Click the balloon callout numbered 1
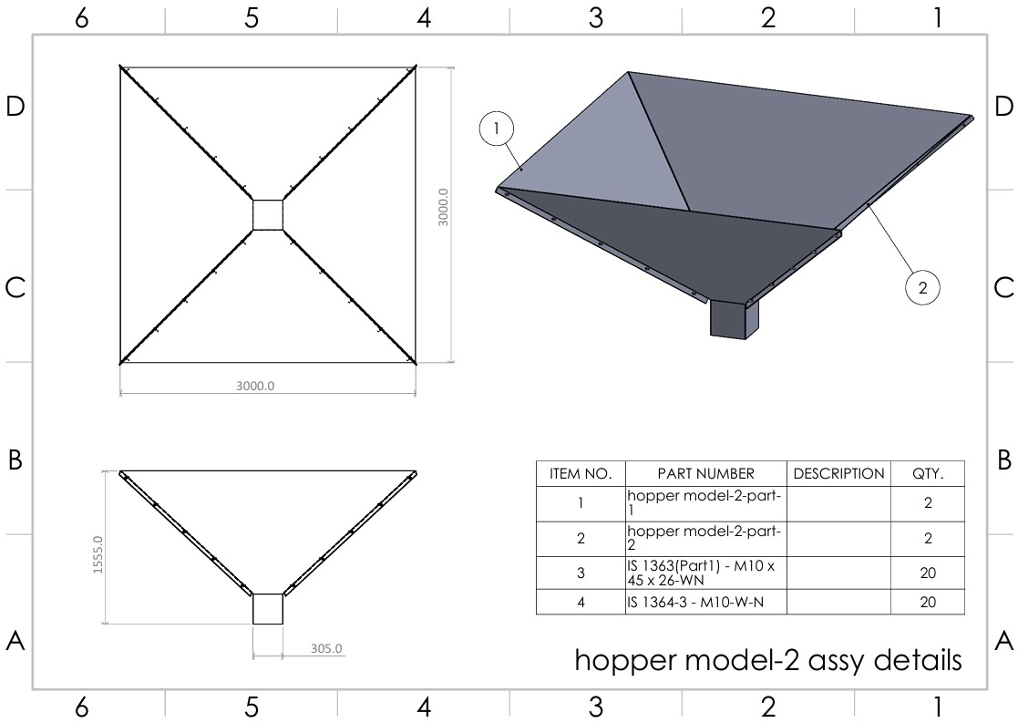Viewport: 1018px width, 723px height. [497, 129]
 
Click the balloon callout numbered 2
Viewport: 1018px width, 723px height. [922, 287]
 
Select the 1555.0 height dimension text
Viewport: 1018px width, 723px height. [98, 554]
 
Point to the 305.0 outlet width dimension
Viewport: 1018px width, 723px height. [326, 648]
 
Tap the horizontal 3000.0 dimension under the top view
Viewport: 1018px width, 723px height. [255, 386]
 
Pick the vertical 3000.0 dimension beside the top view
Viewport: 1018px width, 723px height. [443, 207]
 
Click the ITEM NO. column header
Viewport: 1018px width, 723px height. [581, 473]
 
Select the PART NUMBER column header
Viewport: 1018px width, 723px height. [706, 473]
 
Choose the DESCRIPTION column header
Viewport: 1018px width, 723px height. [838, 473]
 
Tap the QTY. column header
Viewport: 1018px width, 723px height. [928, 473]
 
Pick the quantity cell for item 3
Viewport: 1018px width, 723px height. [928, 573]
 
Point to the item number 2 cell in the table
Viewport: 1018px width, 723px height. [581, 538]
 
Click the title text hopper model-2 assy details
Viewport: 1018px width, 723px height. [768, 659]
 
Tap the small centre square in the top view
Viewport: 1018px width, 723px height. [267, 215]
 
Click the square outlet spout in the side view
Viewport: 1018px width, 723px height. [267, 609]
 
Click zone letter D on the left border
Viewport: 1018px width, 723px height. [15, 107]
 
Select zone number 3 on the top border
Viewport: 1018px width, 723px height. [596, 17]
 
